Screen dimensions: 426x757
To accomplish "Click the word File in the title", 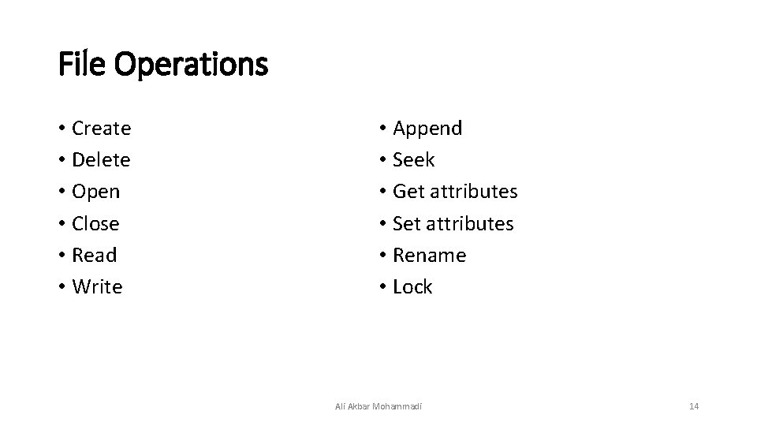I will pyautogui.click(x=84, y=64).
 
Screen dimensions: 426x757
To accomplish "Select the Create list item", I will pyautogui.click(x=101, y=128).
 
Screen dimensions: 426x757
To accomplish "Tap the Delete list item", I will pyautogui.click(x=101, y=160).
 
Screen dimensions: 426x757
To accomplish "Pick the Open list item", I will pyautogui.click(x=95, y=192).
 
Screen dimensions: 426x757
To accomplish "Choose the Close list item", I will pyautogui.click(x=95, y=224).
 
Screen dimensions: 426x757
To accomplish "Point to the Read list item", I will pyautogui.click(x=94, y=256).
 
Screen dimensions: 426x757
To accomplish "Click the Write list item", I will pyautogui.click(x=97, y=287).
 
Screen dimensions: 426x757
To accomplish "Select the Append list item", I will pyautogui.click(x=427, y=129).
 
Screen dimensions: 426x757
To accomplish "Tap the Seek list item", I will pyautogui.click(x=413, y=160).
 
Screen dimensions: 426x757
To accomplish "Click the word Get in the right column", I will pyautogui.click(x=408, y=192).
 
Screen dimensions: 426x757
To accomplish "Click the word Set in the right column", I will pyautogui.click(x=407, y=224).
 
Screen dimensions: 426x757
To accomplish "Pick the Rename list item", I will pyautogui.click(x=429, y=256).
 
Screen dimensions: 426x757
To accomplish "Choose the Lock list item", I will pyautogui.click(x=412, y=287).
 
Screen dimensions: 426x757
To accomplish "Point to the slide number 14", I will pyautogui.click(x=694, y=406).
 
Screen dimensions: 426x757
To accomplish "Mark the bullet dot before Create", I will pyautogui.click(x=62, y=129).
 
